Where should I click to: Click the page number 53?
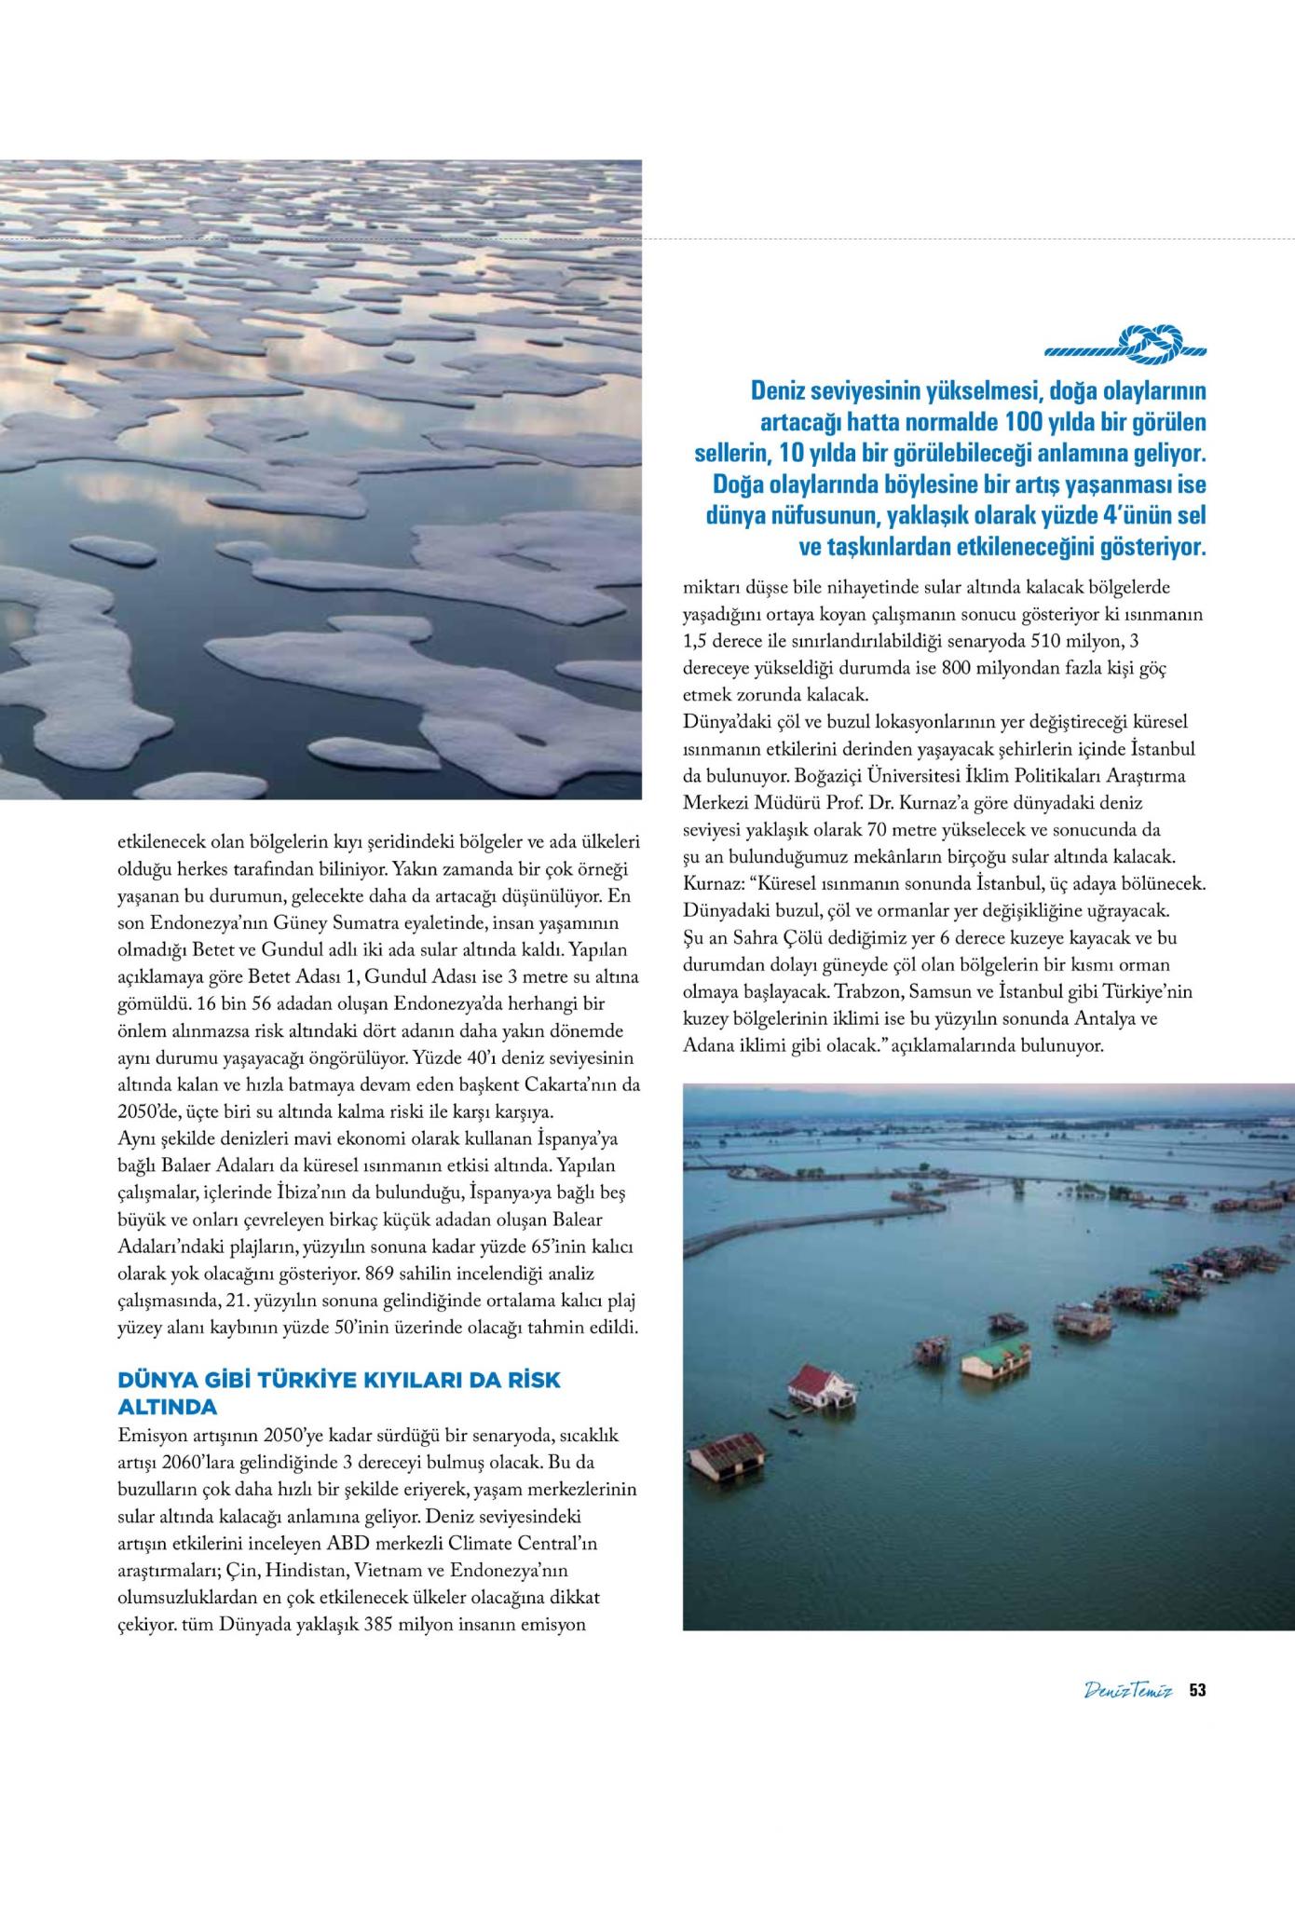[x=1197, y=1690]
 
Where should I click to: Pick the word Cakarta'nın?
[x=567, y=1086]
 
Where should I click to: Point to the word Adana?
[x=707, y=1045]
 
